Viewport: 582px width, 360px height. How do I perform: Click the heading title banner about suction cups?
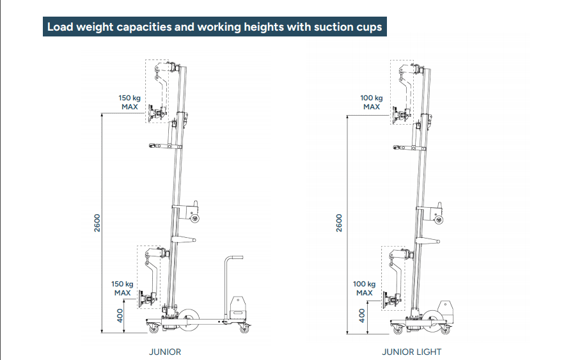(215, 27)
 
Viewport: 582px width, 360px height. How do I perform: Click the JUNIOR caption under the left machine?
(165, 352)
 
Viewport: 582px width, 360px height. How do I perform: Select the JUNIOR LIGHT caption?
(412, 352)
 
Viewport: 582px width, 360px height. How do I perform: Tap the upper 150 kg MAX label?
(130, 102)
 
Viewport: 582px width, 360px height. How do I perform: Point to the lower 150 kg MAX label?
(122, 288)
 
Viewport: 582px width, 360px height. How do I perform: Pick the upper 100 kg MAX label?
(372, 102)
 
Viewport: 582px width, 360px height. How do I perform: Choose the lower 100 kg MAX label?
(365, 288)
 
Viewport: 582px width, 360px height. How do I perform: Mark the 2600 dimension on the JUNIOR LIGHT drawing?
(340, 223)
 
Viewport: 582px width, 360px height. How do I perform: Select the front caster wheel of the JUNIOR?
(154, 329)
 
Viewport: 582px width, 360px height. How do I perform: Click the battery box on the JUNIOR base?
(238, 306)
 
